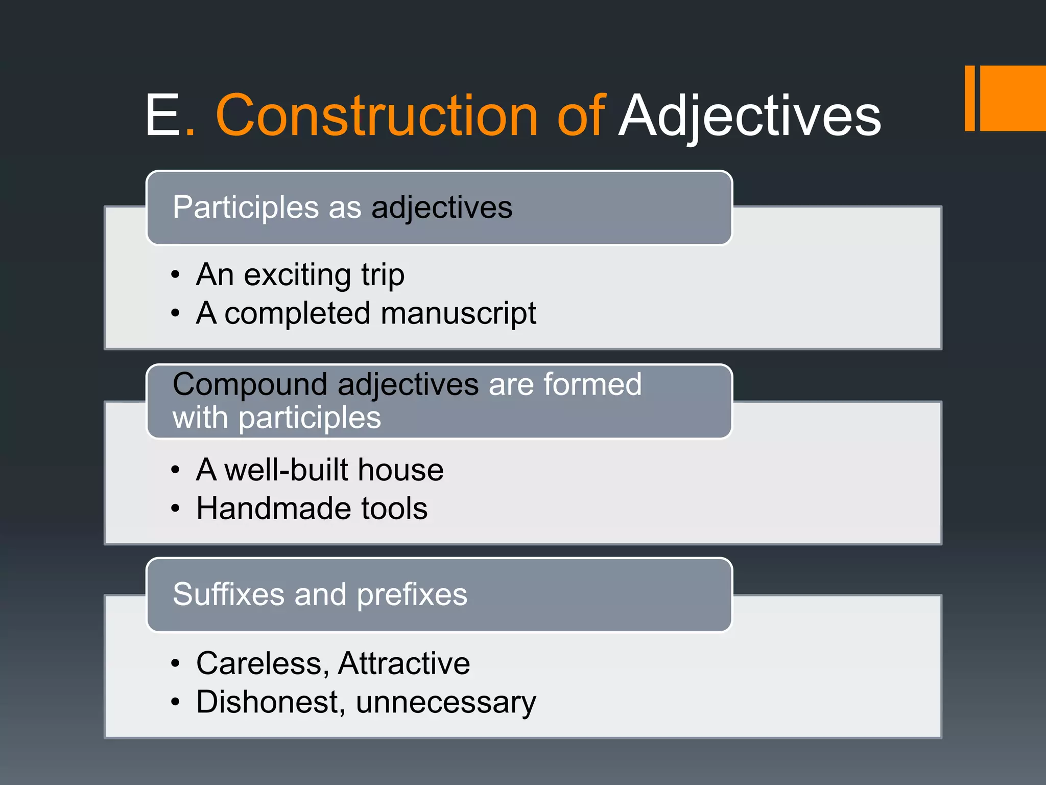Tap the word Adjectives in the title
[x=749, y=117]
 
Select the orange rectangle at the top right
[x=1012, y=98]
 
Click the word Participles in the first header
[x=246, y=208]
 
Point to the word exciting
[x=298, y=275]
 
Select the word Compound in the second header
[x=249, y=385]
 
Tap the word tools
[x=394, y=509]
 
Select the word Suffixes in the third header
[x=228, y=594]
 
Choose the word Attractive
[x=403, y=663]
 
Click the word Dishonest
[x=268, y=702]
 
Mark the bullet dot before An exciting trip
[x=176, y=275]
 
